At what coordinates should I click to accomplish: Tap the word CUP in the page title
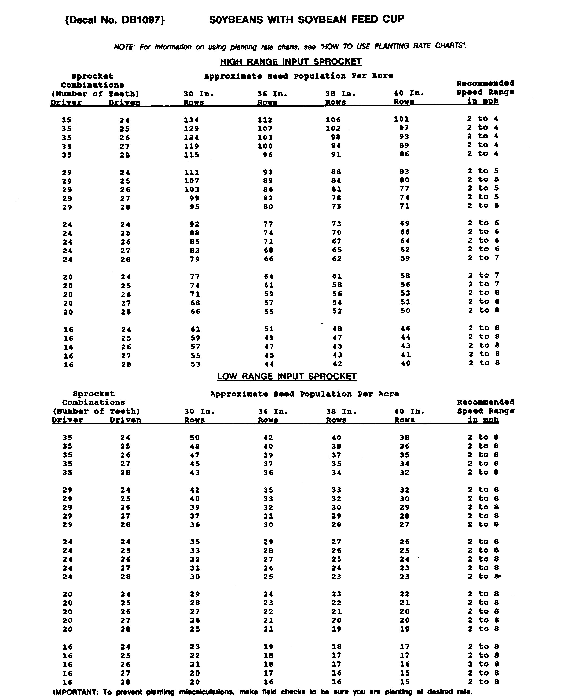(x=393, y=19)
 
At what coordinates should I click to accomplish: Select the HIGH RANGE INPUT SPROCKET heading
(x=291, y=62)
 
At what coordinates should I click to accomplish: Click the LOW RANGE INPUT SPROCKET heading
(x=287, y=376)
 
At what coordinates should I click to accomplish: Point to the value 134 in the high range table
(x=191, y=120)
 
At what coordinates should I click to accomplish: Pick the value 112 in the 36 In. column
(x=265, y=120)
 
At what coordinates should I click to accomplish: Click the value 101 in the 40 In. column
(x=401, y=119)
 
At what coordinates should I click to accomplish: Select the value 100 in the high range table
(x=265, y=146)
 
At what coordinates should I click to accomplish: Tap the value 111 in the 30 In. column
(x=192, y=172)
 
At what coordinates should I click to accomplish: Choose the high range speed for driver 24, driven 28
(x=483, y=258)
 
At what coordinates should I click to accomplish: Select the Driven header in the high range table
(x=124, y=103)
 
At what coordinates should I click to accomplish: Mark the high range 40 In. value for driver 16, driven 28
(x=405, y=363)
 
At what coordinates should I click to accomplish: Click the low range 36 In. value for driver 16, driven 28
(x=268, y=682)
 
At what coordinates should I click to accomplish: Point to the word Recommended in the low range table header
(x=485, y=402)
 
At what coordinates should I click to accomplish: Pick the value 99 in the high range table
(x=195, y=198)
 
